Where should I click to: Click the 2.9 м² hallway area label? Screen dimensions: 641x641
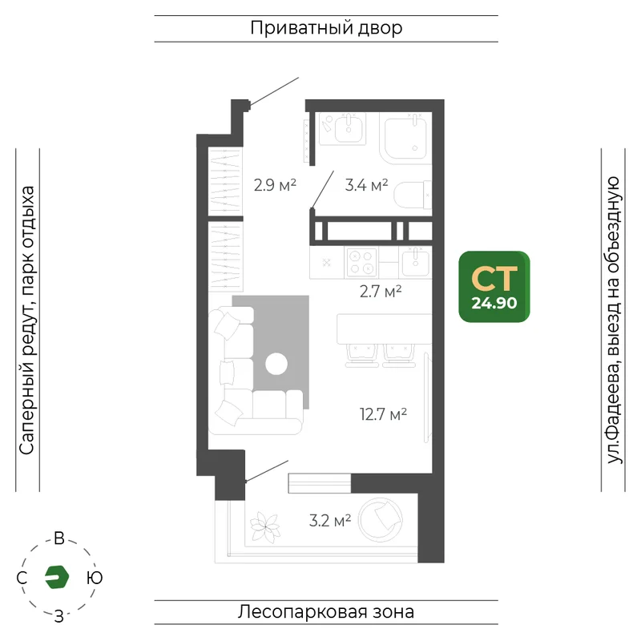(275, 185)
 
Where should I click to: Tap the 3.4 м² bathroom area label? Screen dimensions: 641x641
(366, 185)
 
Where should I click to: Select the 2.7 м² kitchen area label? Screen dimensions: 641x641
(381, 292)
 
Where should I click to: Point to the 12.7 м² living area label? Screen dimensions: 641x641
(383, 414)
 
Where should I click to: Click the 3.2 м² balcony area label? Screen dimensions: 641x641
(330, 520)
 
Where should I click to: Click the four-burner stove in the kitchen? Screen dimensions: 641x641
(362, 263)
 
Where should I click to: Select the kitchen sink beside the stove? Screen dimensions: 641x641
(415, 262)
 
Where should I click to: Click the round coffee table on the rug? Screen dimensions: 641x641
(276, 364)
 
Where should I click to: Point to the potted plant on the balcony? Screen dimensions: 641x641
(265, 528)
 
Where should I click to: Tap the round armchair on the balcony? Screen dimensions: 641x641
(380, 520)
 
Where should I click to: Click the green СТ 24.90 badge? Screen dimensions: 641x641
(494, 287)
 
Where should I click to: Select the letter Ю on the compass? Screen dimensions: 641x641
(95, 578)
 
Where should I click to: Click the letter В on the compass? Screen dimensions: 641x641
(59, 538)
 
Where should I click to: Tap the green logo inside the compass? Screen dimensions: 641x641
(56, 577)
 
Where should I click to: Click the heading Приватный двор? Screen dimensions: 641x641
(326, 28)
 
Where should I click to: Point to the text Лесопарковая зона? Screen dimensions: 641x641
(326, 612)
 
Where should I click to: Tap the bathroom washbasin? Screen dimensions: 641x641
(349, 128)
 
